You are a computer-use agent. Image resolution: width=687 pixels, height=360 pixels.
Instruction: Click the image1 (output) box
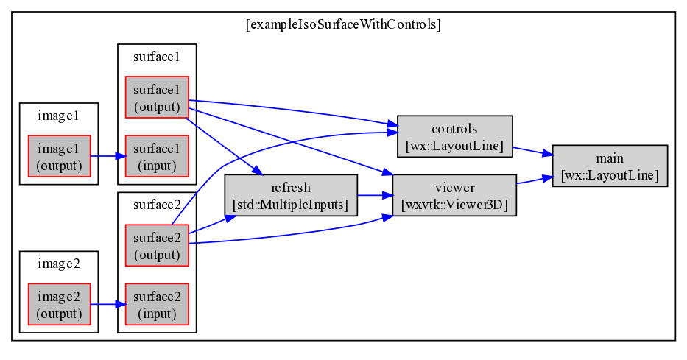[x=59, y=156]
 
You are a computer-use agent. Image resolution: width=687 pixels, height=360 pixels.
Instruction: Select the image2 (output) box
[x=59, y=304]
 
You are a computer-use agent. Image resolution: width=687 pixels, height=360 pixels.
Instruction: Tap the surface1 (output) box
[x=157, y=97]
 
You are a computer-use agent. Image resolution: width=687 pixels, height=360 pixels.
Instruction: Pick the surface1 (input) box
[x=157, y=156]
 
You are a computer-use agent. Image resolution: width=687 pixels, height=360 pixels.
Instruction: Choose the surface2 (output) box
[x=157, y=245]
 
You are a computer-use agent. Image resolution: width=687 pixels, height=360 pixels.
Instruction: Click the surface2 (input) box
[x=157, y=304]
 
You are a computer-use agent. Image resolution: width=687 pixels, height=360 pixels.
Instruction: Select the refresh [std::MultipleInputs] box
[x=291, y=195]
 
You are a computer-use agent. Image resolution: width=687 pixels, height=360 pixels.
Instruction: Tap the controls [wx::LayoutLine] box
[x=455, y=136]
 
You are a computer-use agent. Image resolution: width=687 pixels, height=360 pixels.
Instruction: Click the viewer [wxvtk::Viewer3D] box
[x=455, y=195]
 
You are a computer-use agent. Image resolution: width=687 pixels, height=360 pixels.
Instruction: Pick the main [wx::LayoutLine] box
[x=610, y=166]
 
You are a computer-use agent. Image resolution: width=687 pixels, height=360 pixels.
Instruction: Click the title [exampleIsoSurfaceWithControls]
[x=343, y=24]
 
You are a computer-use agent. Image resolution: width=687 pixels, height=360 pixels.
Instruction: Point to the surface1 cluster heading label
[x=157, y=57]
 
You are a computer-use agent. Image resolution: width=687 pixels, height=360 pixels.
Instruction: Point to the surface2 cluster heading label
[x=157, y=205]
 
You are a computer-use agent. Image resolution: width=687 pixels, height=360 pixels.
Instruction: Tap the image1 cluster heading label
[x=59, y=116]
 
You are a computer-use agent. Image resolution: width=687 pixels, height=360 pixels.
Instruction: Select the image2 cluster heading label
[x=59, y=264]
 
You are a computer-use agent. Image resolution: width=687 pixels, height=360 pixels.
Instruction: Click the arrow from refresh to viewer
[x=375, y=195]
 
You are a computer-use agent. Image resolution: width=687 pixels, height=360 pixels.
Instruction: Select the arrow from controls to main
[x=532, y=152]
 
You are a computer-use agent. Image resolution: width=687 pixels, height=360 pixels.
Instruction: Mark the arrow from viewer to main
[x=535, y=180]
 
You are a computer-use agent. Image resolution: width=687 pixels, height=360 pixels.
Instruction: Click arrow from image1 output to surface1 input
[x=108, y=156]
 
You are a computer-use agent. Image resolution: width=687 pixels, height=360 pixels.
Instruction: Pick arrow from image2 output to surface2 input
[x=108, y=304]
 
